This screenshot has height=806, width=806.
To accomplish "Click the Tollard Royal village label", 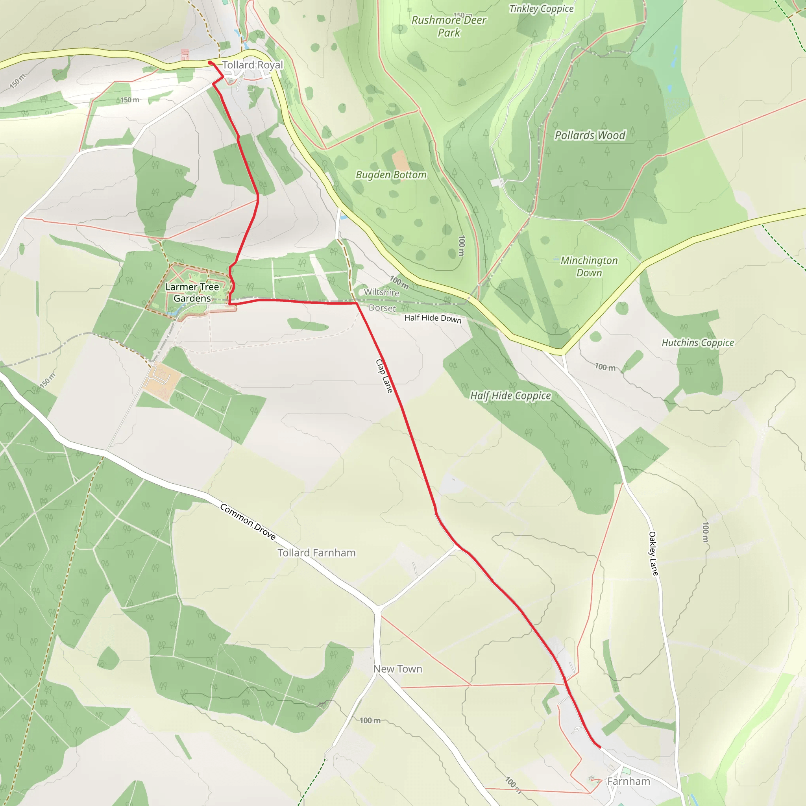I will click(252, 65).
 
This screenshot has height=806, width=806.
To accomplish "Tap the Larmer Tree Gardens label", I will click(192, 292).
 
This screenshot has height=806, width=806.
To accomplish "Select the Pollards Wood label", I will click(590, 135).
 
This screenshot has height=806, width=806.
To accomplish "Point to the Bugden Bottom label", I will click(391, 175).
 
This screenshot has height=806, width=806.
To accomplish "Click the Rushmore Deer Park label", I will click(449, 26).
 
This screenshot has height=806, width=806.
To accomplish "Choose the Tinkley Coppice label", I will click(541, 9).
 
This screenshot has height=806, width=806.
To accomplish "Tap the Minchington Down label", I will click(589, 266).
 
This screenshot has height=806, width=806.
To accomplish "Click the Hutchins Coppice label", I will click(697, 342).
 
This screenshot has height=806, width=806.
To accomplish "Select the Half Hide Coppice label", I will click(510, 396).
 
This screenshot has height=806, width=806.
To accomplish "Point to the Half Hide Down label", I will click(433, 318).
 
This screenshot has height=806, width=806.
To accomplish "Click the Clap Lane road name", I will click(384, 376).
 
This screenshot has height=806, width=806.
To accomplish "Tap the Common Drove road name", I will click(248, 521).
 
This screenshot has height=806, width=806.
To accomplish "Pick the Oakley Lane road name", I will click(653, 554).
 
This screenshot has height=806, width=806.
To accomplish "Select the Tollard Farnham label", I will click(317, 553).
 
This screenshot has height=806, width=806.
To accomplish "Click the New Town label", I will click(397, 669).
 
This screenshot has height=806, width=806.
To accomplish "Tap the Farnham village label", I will click(628, 781).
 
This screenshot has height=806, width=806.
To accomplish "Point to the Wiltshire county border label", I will click(381, 292).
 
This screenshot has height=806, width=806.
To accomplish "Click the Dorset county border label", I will click(382, 308).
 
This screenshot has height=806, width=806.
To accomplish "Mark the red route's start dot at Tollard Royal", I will click(210, 63).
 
